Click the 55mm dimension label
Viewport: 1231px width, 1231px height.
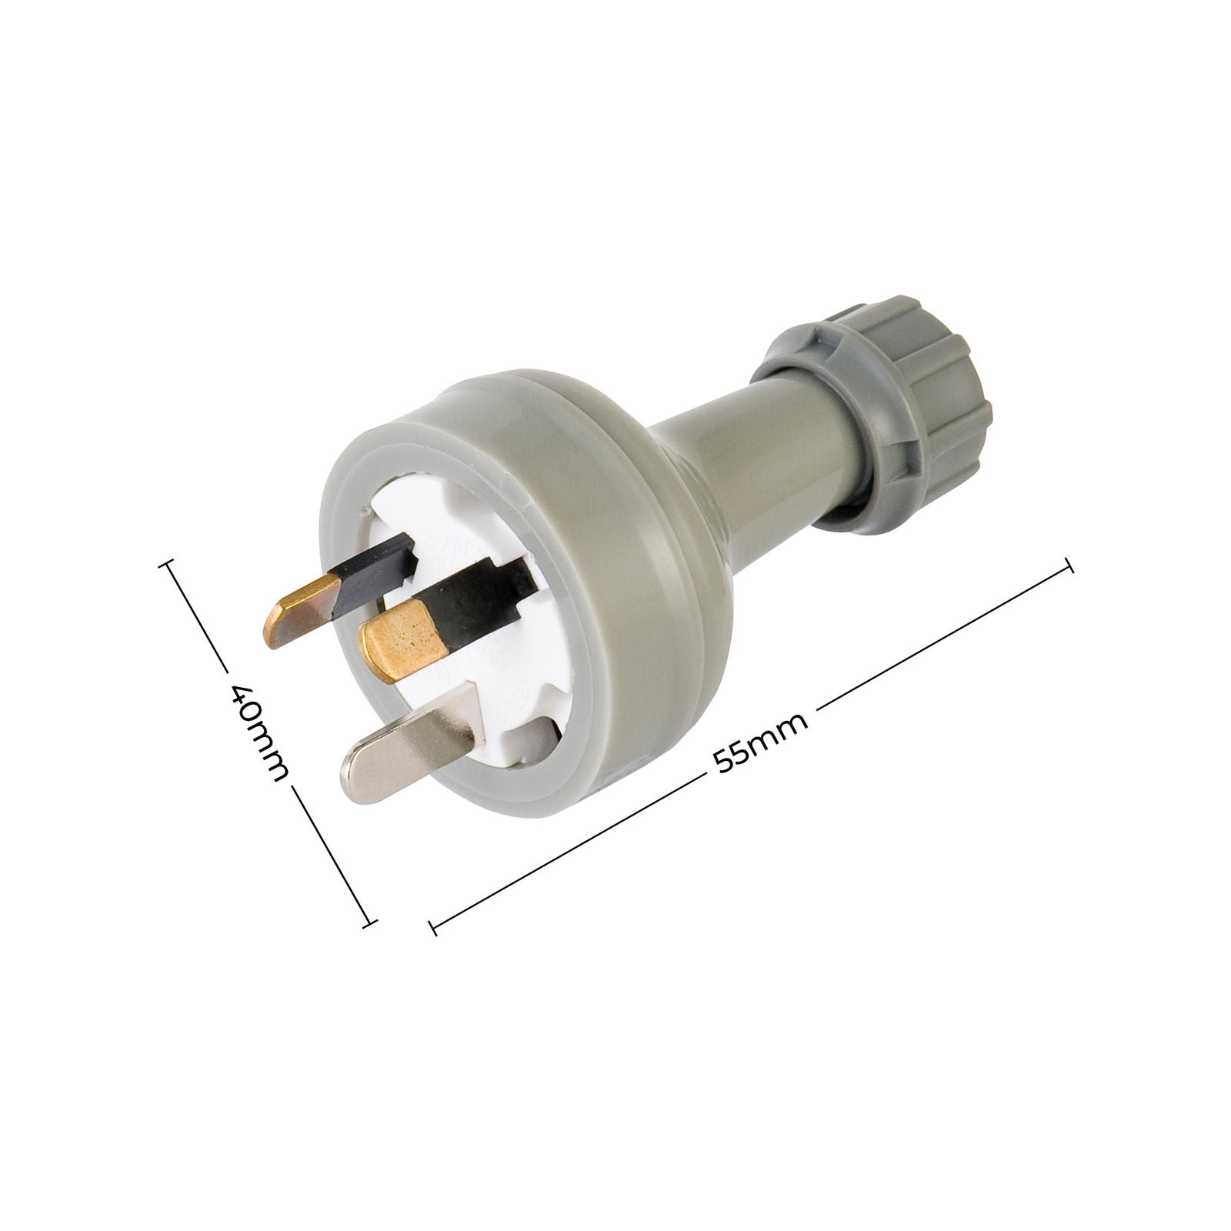pyautogui.click(x=760, y=742)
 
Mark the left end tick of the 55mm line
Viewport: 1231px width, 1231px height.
pyautogui.click(x=434, y=928)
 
